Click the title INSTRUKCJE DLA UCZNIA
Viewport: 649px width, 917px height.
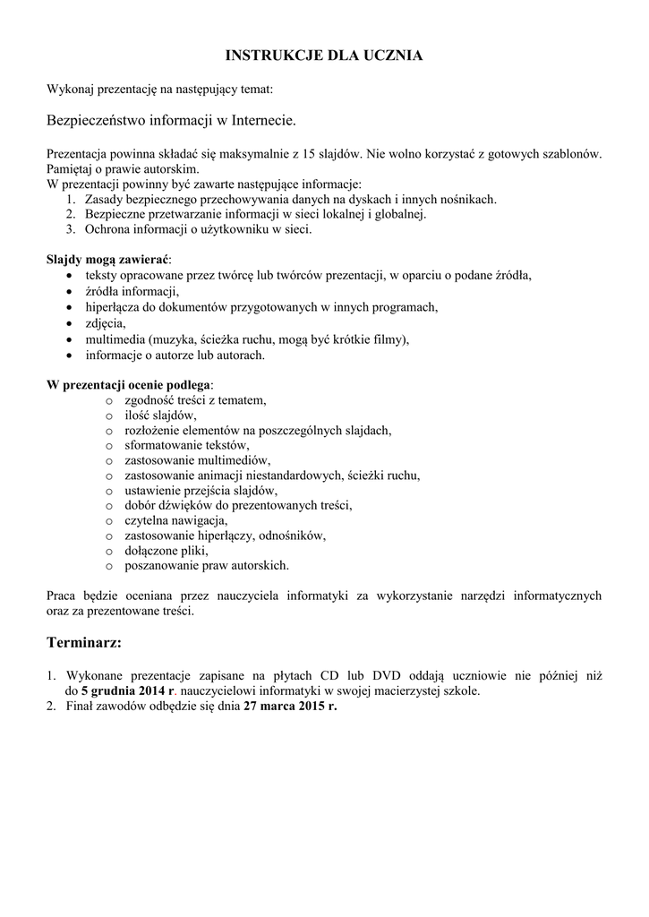tap(324, 56)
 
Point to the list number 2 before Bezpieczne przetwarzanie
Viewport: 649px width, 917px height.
tap(71, 215)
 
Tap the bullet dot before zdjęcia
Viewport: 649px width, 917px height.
tap(71, 323)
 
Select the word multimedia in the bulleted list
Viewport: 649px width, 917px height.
tap(115, 339)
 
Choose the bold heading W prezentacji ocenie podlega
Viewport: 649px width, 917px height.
tap(130, 385)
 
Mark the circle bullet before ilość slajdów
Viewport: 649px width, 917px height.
tap(109, 416)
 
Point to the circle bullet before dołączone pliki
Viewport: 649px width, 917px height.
tap(109, 551)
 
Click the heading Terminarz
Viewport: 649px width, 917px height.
tap(82, 643)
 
